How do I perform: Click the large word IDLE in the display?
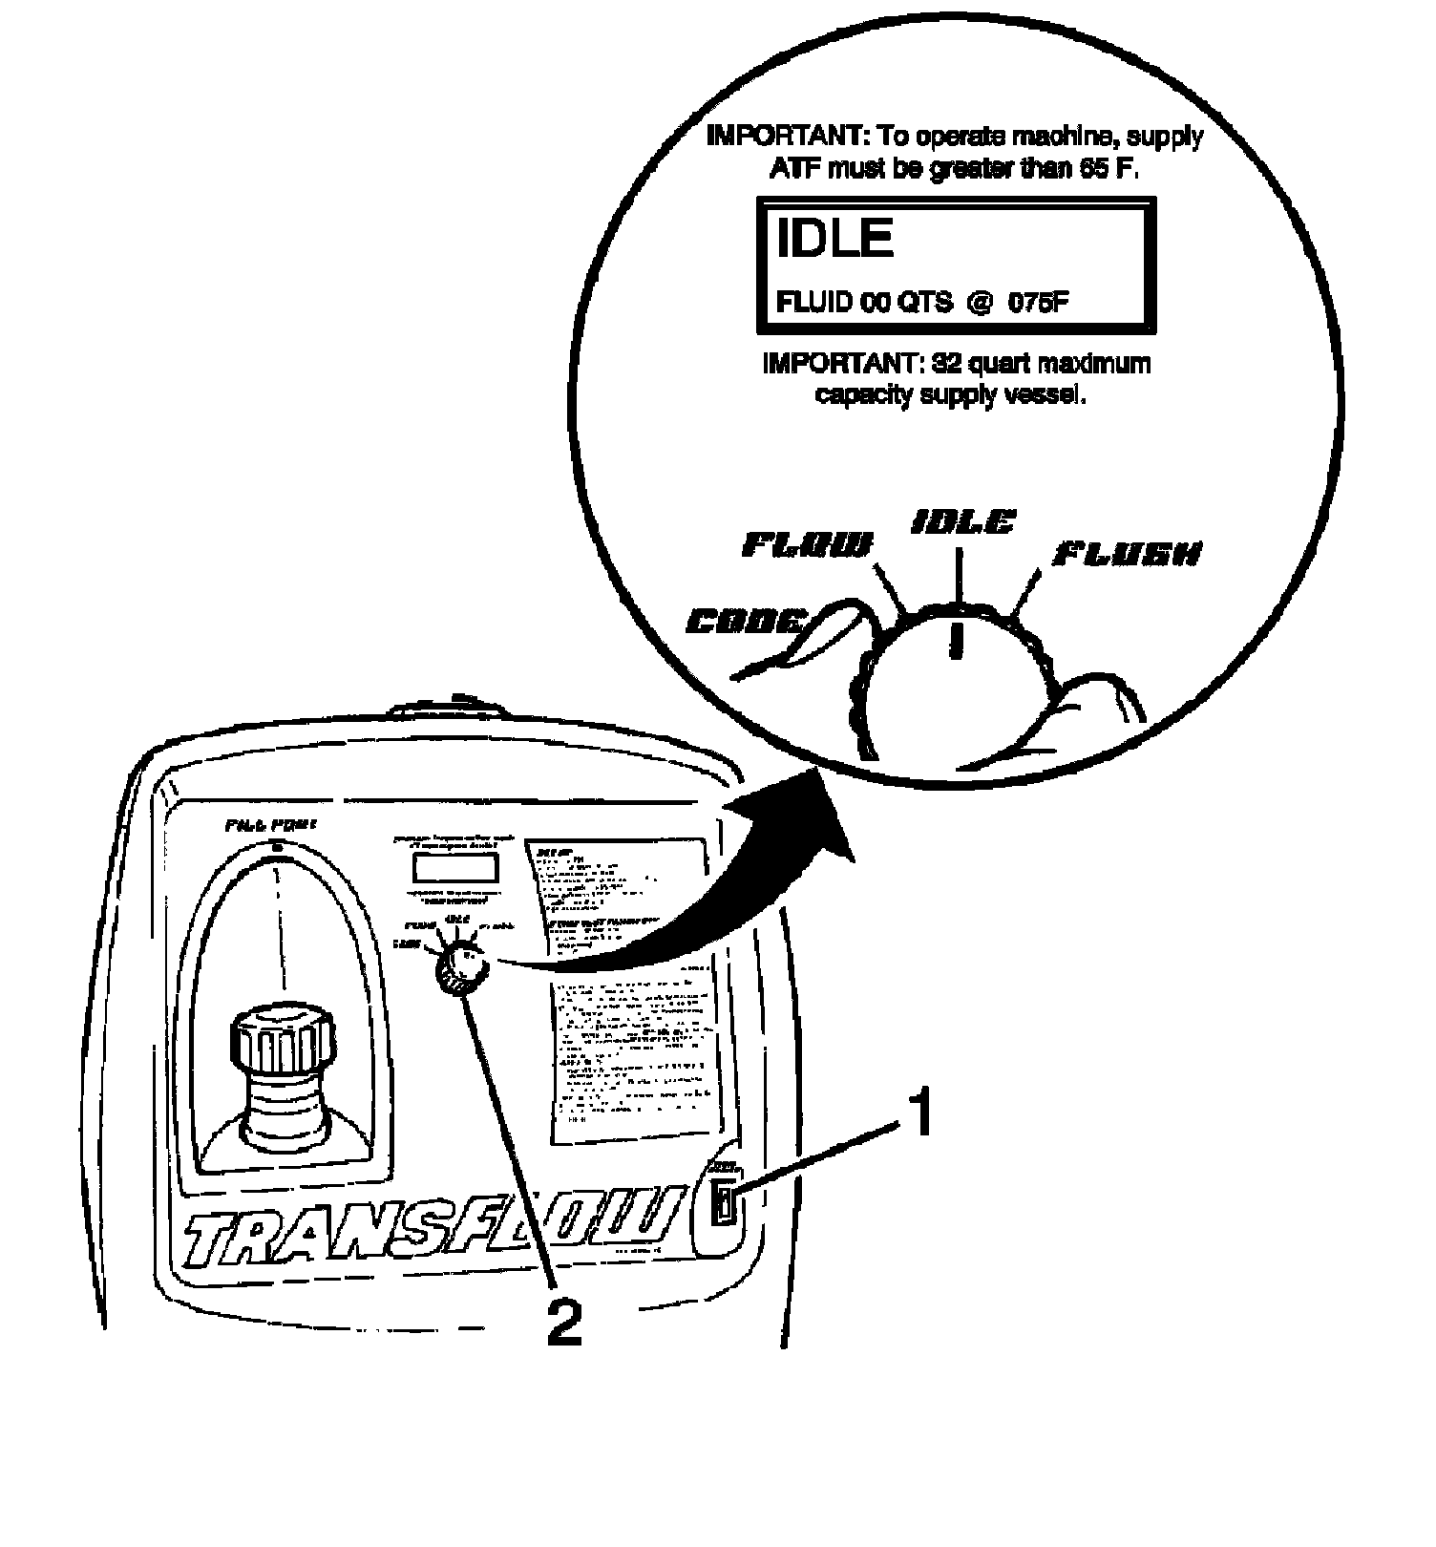coord(834,239)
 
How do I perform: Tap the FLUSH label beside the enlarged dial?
coord(1127,554)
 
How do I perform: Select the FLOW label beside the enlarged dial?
coord(807,545)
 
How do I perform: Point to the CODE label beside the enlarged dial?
coord(746,623)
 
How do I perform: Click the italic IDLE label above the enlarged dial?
coord(962,522)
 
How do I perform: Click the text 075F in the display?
coord(1040,303)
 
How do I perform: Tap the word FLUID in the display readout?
coord(814,303)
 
